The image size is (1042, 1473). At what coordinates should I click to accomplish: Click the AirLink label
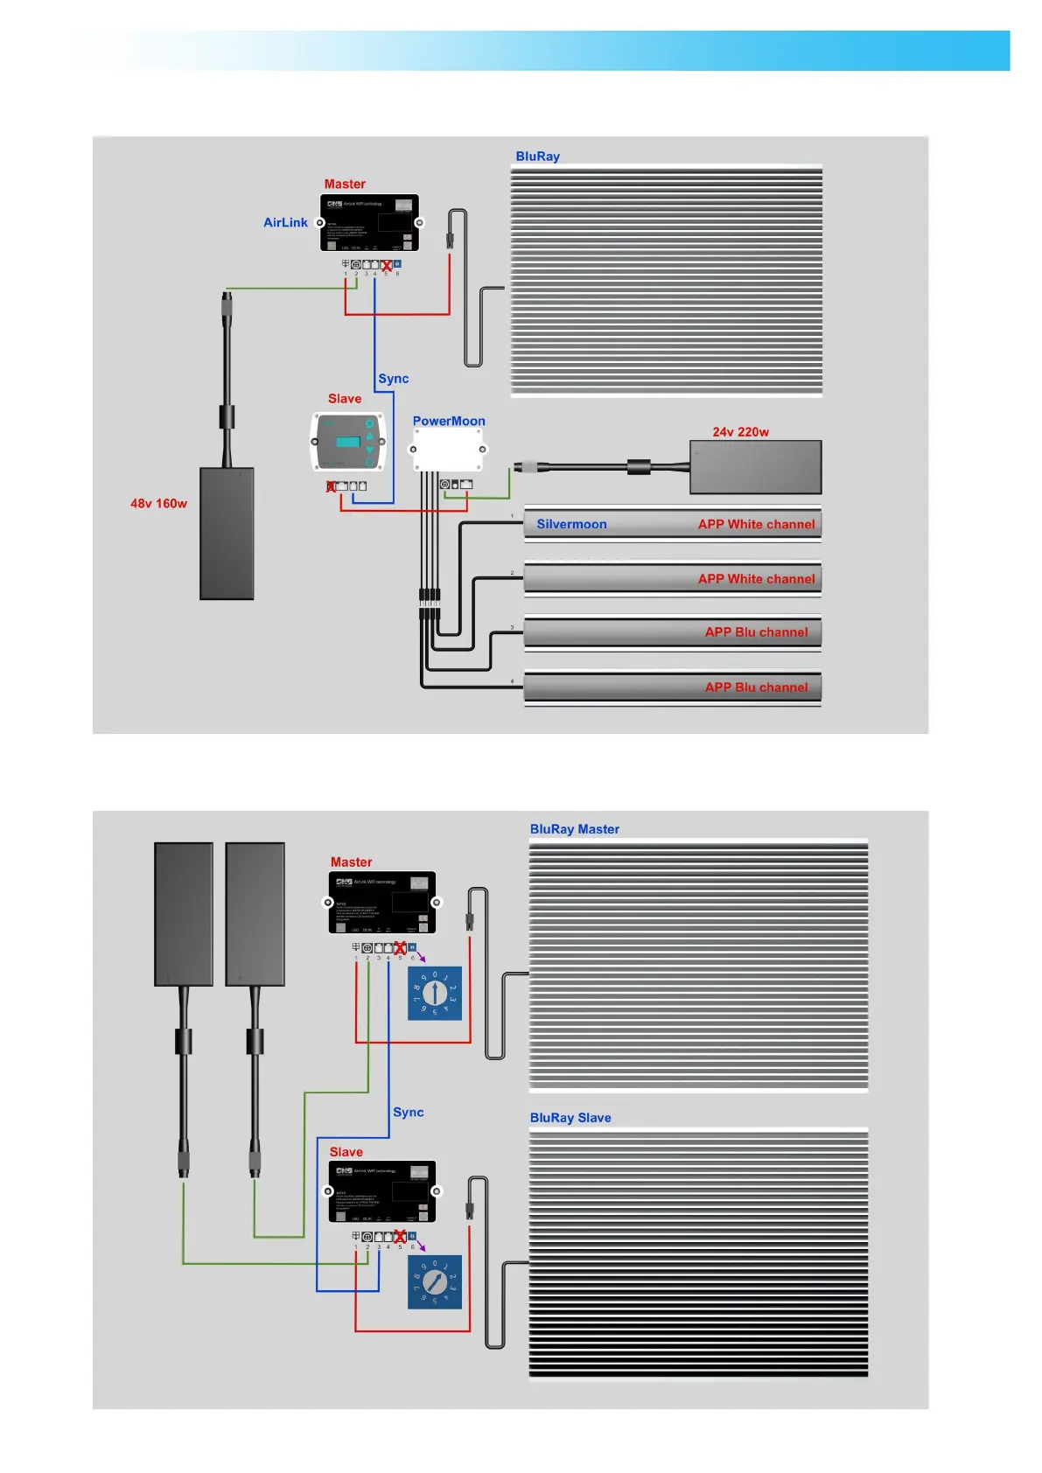coord(285,223)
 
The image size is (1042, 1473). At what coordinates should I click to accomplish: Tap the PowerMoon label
coord(449,421)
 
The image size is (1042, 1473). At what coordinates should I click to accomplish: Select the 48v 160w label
coord(158,504)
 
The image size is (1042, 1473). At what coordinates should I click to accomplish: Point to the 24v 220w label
coord(740,432)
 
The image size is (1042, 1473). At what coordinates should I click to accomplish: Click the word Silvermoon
coord(571,525)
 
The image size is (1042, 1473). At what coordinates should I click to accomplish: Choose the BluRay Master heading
coord(574,829)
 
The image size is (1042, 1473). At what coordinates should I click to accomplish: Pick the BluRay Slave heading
coord(570,1118)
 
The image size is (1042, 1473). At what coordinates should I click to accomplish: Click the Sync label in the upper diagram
coord(394,379)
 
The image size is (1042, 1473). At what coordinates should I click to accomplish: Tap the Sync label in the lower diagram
coord(409,1113)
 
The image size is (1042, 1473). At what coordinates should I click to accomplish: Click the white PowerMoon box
coord(448,450)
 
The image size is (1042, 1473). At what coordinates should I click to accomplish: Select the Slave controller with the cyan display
coord(348,442)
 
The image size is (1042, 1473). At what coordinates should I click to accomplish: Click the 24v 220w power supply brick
coord(755,467)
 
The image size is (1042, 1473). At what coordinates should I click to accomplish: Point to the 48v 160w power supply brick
coord(227,533)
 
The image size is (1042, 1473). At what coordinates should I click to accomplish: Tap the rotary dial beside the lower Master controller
coord(435,993)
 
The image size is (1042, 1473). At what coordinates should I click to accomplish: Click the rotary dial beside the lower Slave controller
coord(435,1282)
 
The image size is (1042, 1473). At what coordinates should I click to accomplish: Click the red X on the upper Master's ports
coord(386,265)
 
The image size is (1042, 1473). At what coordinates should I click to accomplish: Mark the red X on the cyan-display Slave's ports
coord(331,486)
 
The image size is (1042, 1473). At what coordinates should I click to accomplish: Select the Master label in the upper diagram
coord(345,185)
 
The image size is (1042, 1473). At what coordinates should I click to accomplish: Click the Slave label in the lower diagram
coord(346,1152)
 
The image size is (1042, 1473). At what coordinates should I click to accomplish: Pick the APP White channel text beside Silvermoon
coord(756,525)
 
